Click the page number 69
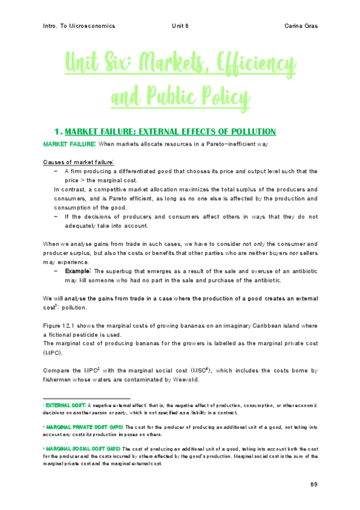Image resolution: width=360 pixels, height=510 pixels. pyautogui.click(x=313, y=484)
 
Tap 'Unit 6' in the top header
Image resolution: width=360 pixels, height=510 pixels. pyautogui.click(x=180, y=26)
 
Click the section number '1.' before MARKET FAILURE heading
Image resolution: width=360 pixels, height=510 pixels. pyautogui.click(x=58, y=131)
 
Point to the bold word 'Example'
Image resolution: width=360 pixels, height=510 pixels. pyautogui.click(x=79, y=271)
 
